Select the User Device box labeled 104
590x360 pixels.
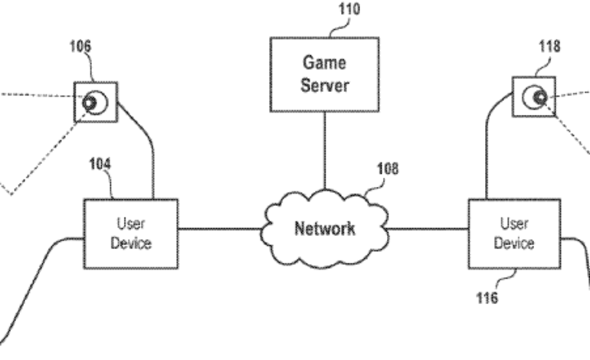[131, 233]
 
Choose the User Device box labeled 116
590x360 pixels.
[514, 233]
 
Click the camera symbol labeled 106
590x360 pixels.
[96, 102]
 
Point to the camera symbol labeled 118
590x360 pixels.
[535, 98]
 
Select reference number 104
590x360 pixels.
[99, 164]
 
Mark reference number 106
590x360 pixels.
[80, 47]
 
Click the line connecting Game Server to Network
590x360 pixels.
[323, 153]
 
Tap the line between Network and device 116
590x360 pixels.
[428, 227]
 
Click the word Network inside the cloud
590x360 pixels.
[324, 228]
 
